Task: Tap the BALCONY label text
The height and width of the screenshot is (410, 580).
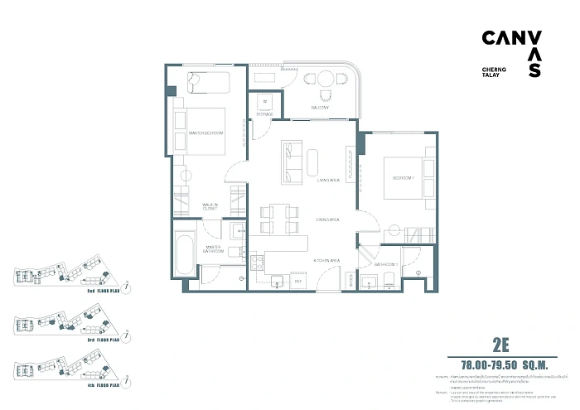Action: coord(321,108)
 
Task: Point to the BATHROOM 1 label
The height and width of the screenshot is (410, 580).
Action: coord(386,265)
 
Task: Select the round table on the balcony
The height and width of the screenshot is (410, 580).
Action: coord(321,80)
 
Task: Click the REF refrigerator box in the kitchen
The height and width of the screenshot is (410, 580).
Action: coord(298,283)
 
